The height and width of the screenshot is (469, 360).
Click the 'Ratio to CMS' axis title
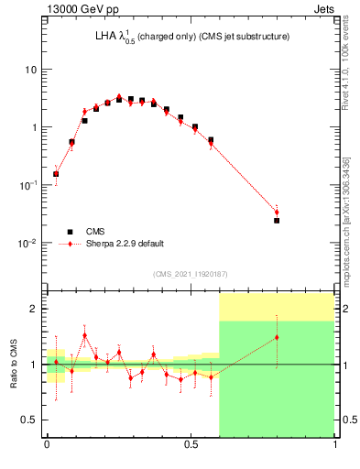point(15,365)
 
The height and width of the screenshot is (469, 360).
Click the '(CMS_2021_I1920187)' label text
point(191,273)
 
